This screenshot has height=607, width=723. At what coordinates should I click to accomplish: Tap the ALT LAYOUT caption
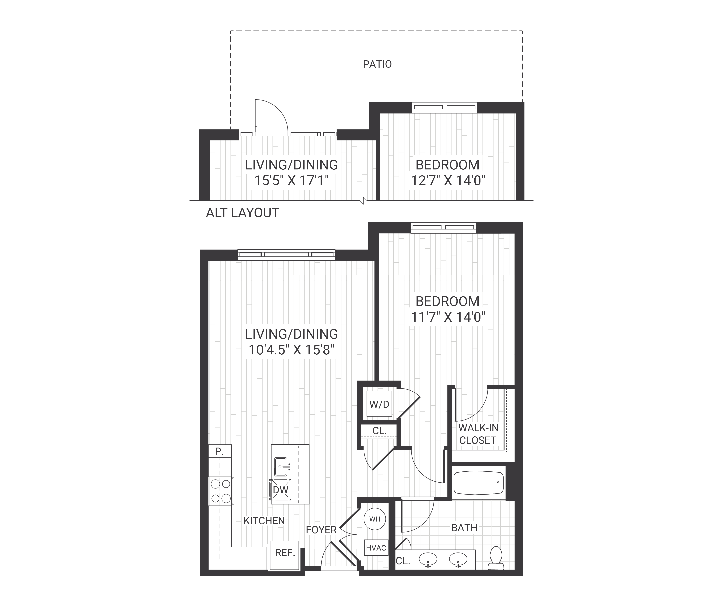(x=242, y=213)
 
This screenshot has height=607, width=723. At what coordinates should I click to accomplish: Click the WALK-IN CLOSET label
(x=478, y=434)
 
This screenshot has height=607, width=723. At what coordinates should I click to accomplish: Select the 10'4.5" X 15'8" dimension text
(x=292, y=350)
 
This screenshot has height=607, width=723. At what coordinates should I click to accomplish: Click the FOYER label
(x=321, y=530)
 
